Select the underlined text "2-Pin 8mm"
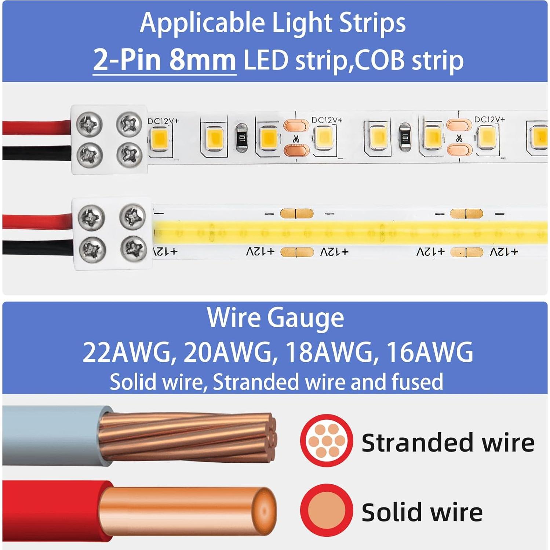pos(165,60)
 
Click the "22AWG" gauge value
pos(127,352)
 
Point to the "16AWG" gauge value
pos(430,352)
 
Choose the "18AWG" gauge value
pos(328,352)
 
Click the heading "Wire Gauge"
pos(275,318)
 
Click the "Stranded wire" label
pos(448,443)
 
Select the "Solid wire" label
pos(422,512)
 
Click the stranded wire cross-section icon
pos(326,440)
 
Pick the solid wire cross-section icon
pos(326,510)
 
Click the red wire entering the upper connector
pos(37,127)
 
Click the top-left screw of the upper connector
pos(89,124)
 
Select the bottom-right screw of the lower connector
pos(134,249)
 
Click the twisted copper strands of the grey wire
pos(183,437)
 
